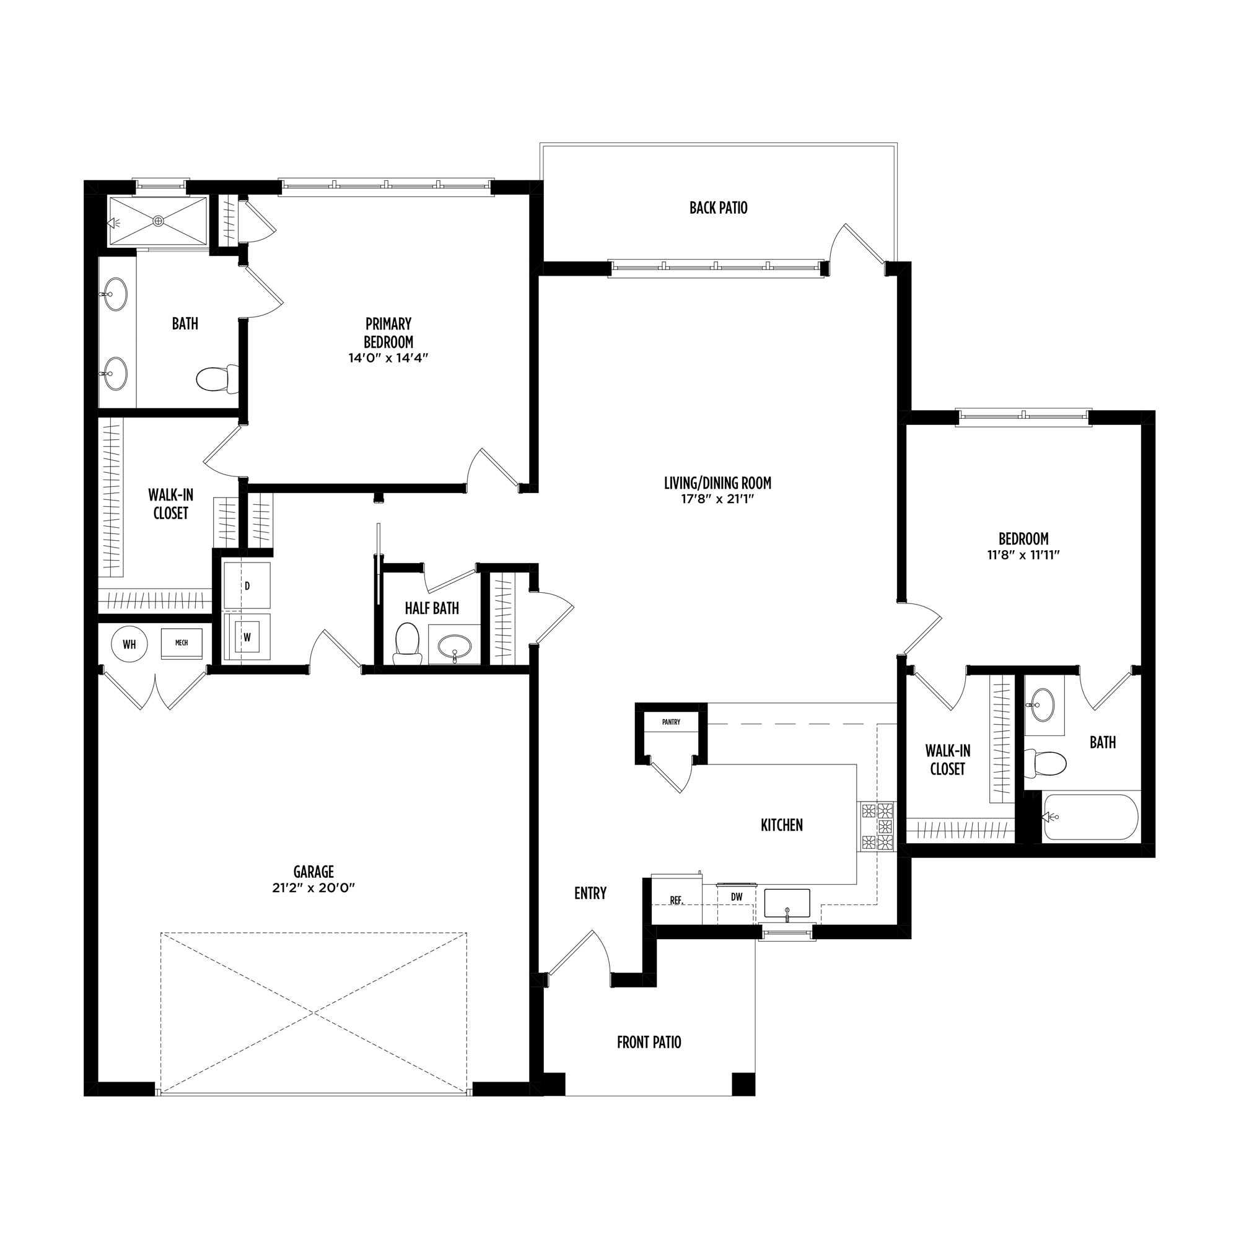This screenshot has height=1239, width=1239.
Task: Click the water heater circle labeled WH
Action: coord(129,644)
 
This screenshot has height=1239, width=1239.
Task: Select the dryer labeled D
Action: coord(247,585)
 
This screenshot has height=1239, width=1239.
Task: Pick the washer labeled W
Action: coord(247,637)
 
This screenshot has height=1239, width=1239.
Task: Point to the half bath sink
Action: coord(455,648)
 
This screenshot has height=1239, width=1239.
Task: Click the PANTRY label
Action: coord(671,722)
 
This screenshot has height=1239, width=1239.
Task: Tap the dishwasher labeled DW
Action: coord(736,897)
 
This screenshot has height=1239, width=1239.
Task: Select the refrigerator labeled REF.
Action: coord(676,900)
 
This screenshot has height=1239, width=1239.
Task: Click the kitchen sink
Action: coord(787,903)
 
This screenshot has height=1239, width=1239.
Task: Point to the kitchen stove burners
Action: coord(877,826)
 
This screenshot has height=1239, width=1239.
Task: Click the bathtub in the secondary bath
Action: coord(1091,817)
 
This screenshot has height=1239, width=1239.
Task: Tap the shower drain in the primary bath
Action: coord(159,221)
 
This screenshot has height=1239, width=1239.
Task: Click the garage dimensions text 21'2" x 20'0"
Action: coord(313,888)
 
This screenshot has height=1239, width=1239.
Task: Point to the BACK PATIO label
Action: coord(718,208)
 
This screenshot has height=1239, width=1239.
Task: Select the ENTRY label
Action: coord(590,893)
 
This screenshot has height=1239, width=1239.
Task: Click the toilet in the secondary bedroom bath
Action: coord(1044,764)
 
